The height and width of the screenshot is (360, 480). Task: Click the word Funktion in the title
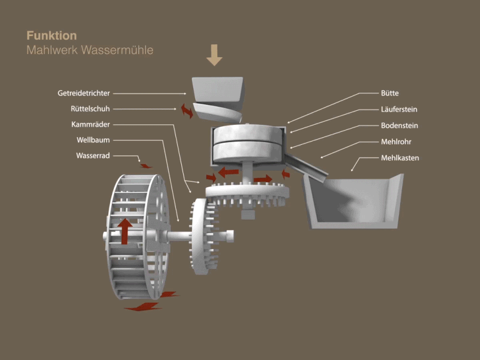52,36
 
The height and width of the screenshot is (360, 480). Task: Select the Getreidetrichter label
84,93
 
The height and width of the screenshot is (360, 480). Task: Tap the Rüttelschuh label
90,109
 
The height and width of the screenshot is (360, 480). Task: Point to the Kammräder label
91,124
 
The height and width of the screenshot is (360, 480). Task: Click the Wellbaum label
93,140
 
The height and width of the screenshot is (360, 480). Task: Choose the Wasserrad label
93,155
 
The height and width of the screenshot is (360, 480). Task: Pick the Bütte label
390,93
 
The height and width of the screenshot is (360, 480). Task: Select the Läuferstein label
399,109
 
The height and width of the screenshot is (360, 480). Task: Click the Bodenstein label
399,125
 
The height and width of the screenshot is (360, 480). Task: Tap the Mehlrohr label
396,141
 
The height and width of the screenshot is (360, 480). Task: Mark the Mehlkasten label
400,157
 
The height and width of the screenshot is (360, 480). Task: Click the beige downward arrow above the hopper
214,55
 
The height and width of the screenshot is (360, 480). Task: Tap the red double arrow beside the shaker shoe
186,110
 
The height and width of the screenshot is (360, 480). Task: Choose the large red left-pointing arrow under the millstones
228,172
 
